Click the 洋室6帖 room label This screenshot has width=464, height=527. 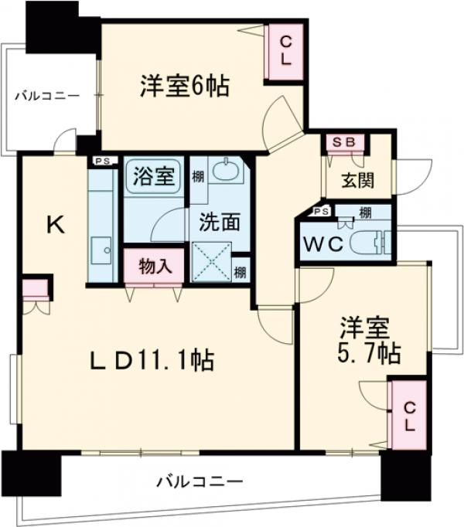(184, 86)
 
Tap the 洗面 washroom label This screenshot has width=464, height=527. (221, 222)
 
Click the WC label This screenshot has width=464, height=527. (322, 244)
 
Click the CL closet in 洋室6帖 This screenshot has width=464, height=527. (285, 53)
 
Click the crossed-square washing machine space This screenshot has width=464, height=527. (210, 260)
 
